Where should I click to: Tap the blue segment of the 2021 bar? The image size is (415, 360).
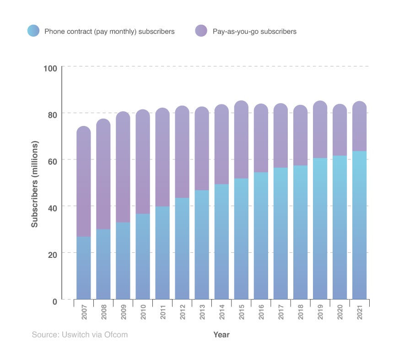(x=359, y=225)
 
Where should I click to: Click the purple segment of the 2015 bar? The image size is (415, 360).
(x=241, y=140)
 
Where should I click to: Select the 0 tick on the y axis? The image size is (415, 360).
(x=54, y=301)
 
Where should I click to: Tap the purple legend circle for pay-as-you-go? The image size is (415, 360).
(x=201, y=31)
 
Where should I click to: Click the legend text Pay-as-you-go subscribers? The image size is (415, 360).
(x=254, y=32)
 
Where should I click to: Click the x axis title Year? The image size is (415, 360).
(x=221, y=335)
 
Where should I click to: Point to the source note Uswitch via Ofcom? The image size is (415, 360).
(x=80, y=335)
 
